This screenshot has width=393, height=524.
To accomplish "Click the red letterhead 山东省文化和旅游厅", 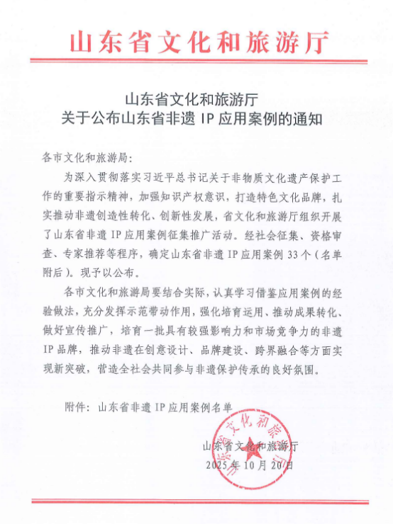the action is click(x=199, y=42).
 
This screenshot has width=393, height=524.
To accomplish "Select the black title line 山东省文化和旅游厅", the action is click(x=196, y=99).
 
